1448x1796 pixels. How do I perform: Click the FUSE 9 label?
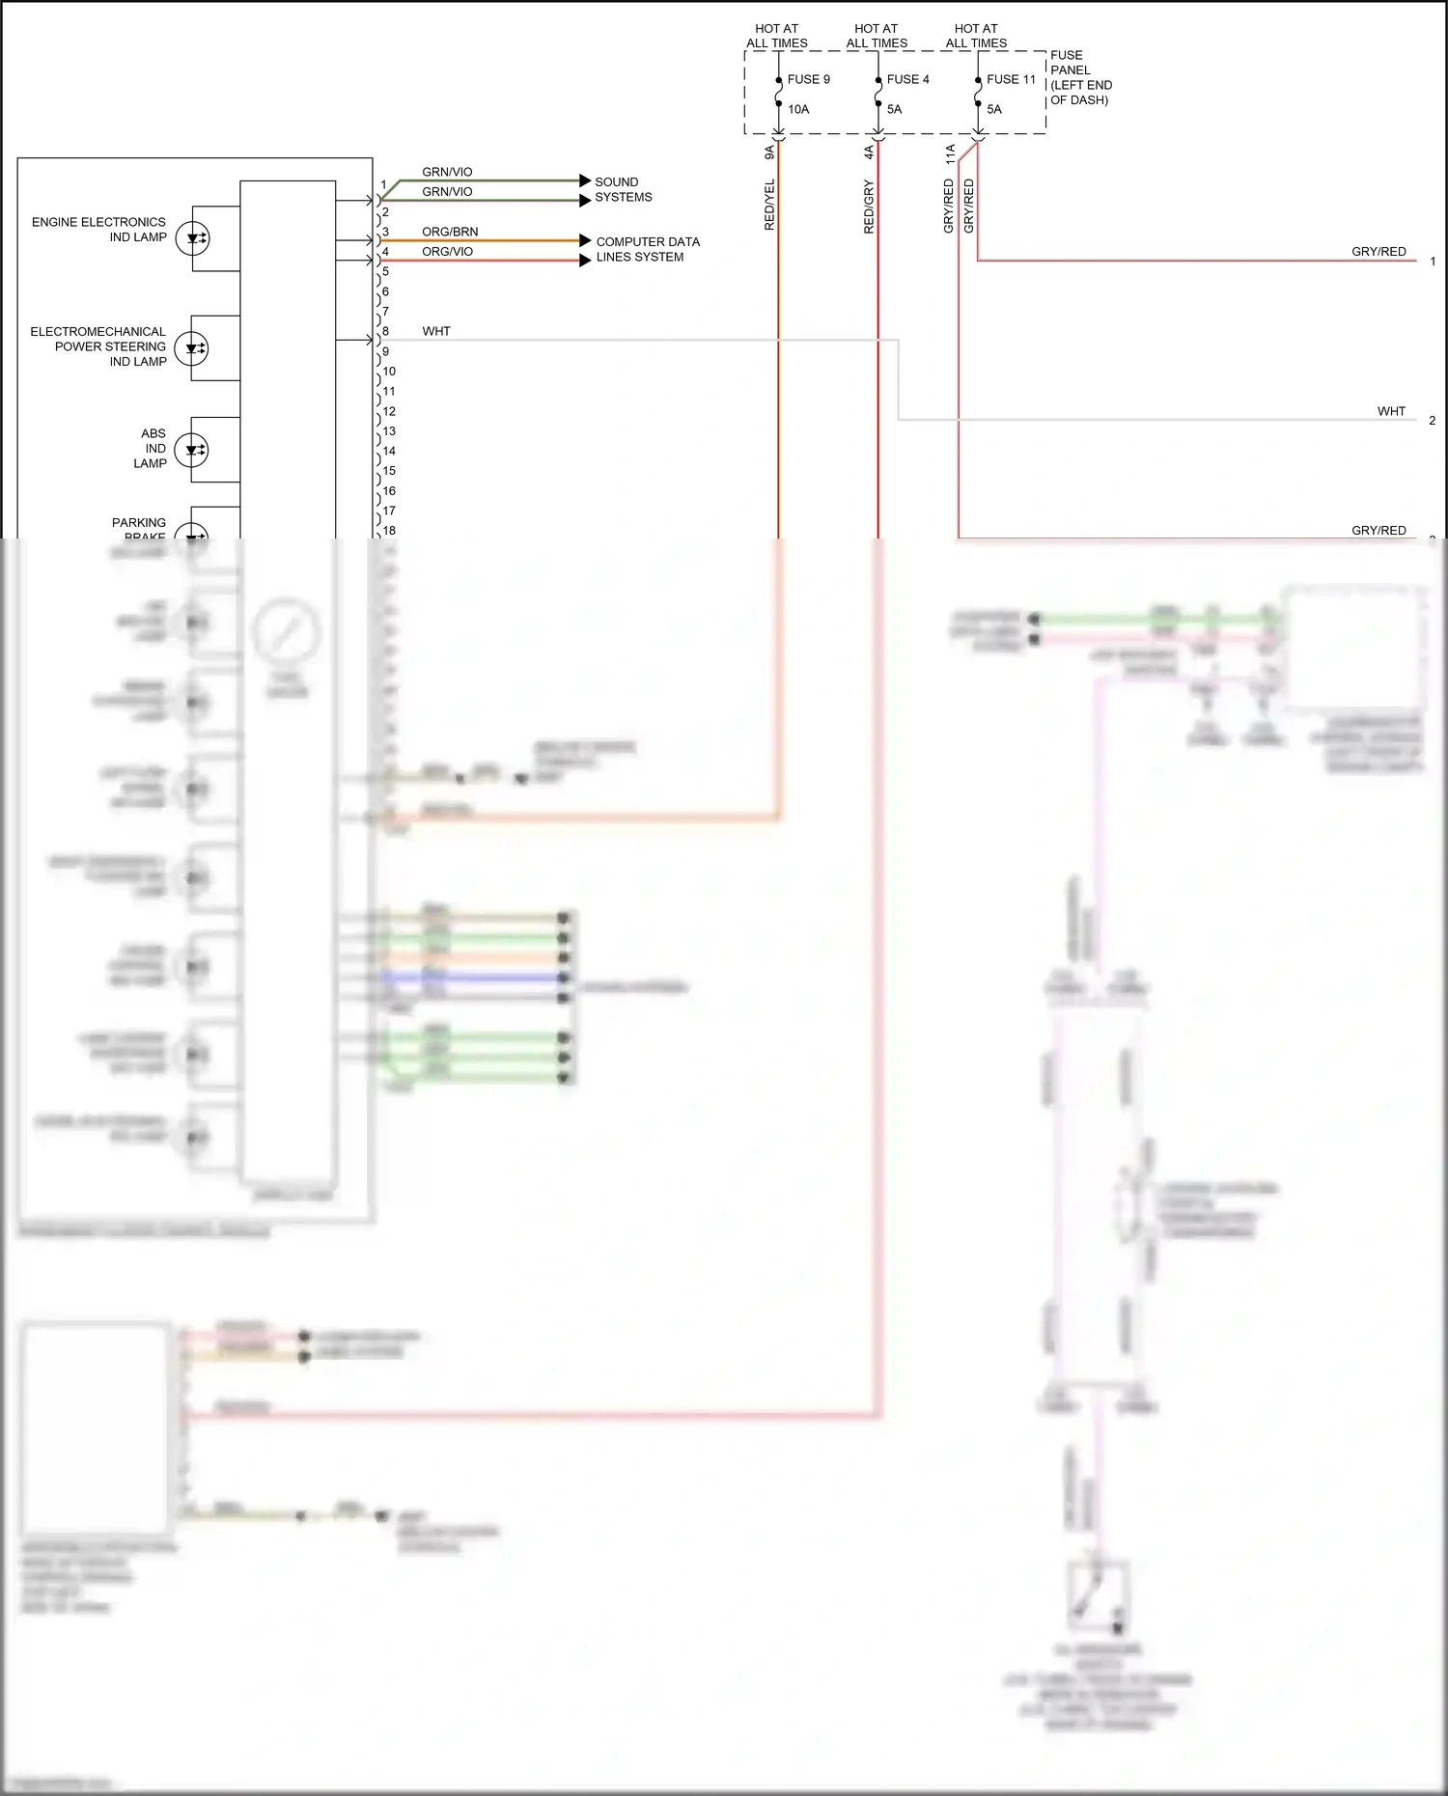pos(808,79)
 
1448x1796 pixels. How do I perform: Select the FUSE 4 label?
pos(907,79)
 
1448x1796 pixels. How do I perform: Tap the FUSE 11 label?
pos(1010,79)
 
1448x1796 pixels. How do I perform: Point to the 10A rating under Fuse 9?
pos(798,109)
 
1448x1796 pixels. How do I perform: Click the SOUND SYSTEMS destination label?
pos(623,189)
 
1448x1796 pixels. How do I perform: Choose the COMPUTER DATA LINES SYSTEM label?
pos(647,249)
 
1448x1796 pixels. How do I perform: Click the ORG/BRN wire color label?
pos(450,232)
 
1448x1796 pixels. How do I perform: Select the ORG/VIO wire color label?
pos(447,251)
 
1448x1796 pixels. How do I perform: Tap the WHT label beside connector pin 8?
pos(436,331)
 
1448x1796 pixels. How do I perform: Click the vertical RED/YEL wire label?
pos(769,205)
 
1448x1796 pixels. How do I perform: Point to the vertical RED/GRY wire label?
pos(869,207)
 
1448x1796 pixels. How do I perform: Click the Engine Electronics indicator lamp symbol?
pos(193,238)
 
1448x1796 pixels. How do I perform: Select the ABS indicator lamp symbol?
pos(192,450)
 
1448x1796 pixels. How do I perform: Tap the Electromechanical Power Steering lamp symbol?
pos(193,348)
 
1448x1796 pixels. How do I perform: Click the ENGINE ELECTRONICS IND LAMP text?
pos(98,229)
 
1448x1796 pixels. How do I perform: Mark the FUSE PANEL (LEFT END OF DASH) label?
pos(1080,77)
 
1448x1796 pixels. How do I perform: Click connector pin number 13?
pos(389,431)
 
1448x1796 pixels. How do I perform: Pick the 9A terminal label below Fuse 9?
pos(769,152)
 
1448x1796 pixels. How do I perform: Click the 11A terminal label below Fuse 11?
pos(950,152)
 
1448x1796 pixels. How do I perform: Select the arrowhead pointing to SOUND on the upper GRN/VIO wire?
pos(585,180)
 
